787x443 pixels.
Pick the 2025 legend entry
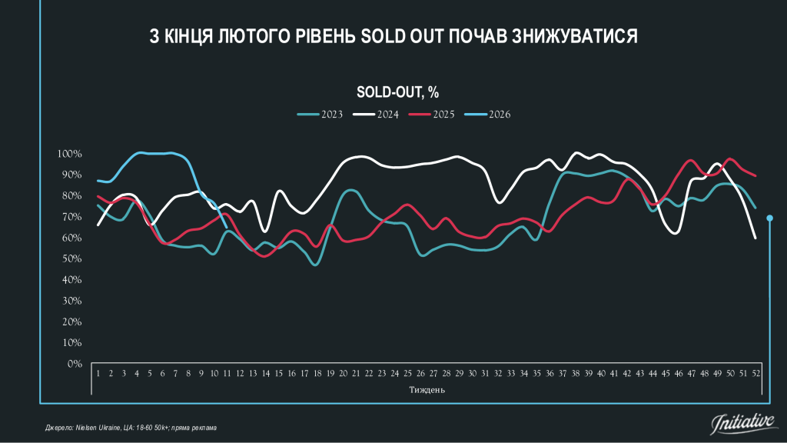coord(431,115)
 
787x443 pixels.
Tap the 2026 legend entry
coord(488,115)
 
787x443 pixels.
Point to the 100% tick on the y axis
coord(70,154)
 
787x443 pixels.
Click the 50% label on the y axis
coord(71,258)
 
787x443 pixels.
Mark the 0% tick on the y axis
coord(74,364)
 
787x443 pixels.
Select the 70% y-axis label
coord(71,217)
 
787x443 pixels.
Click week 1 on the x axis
coord(99,373)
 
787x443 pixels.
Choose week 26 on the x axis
coord(420,373)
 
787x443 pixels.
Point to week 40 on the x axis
coord(601,373)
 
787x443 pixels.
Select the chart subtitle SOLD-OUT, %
coord(397,92)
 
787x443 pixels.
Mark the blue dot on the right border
coord(770,218)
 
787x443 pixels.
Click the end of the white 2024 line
coord(755,238)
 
